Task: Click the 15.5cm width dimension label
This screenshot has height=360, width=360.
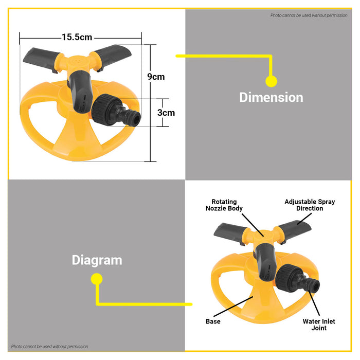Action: coord(77,37)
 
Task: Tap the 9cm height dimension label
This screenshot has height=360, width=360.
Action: coord(156,77)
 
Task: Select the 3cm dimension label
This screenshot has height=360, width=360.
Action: coord(166,113)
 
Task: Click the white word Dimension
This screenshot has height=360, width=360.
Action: coord(271,97)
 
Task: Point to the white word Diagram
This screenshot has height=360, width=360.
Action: coord(97,260)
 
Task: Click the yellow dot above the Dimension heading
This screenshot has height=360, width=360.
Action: coord(271,81)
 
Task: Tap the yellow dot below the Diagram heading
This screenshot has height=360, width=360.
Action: coord(97,279)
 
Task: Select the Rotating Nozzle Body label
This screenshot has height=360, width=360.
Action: coord(224,205)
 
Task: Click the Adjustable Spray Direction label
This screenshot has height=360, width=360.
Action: coord(310,205)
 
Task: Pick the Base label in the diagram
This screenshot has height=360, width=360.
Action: coord(213,321)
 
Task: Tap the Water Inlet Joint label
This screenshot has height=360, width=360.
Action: coord(319,325)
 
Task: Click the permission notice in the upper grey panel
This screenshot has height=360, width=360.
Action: coord(309,15)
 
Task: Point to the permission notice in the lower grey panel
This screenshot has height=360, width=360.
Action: coord(49,347)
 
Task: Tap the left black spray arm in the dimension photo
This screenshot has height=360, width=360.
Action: coord(41,59)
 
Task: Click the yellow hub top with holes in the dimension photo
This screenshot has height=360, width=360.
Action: coord(77,61)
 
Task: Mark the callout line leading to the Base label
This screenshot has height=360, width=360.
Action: coord(233,307)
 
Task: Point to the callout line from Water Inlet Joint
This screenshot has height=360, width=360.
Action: coord(314,303)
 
